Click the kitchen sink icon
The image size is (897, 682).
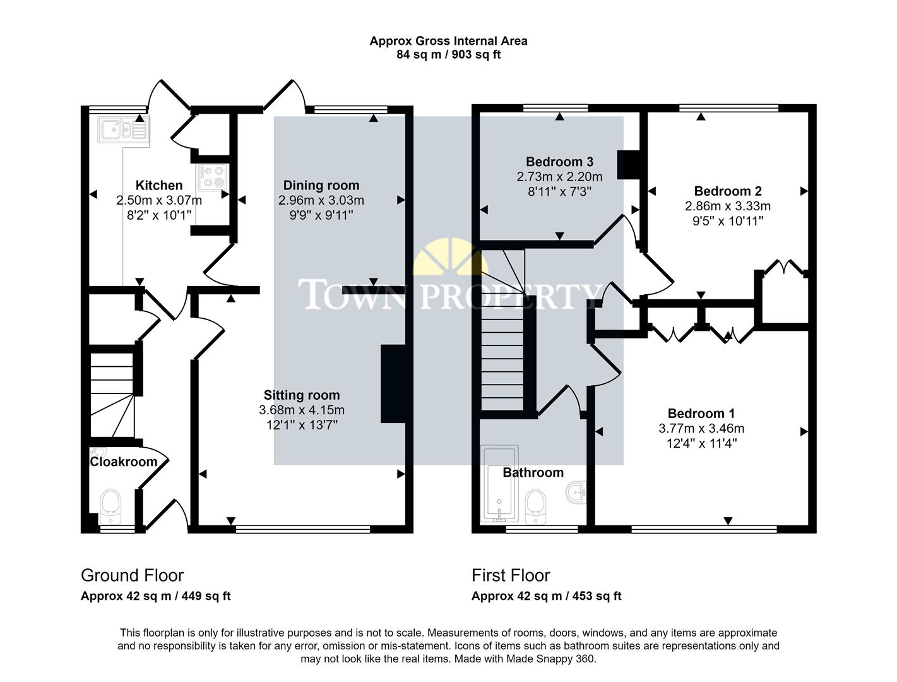coord(122,129)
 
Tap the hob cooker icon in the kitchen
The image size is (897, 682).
coord(213,177)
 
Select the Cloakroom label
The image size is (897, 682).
coord(123,462)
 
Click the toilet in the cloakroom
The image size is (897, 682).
coord(110,506)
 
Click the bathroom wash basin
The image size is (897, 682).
coord(576,492)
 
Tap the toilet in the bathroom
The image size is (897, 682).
coord(536,505)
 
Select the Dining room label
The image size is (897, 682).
coord(321,185)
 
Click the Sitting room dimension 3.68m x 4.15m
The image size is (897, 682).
coord(302,410)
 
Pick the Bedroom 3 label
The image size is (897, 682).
coord(559,162)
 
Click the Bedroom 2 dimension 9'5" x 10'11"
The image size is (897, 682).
coord(728,221)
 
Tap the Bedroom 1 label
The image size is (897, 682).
coord(701,414)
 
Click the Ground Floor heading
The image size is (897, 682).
coord(132,575)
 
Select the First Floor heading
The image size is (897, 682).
coord(510,575)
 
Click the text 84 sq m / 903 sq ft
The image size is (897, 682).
coord(448,54)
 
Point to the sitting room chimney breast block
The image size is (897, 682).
coord(392,383)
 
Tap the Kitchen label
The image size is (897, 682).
coord(159,185)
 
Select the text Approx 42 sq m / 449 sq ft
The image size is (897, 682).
coord(155,596)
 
